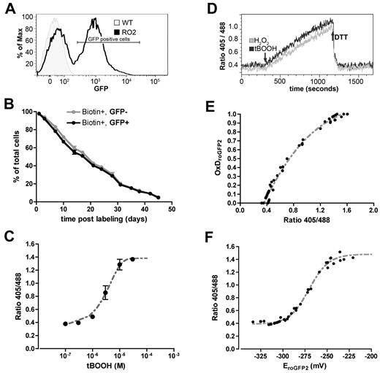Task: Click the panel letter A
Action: [7, 7]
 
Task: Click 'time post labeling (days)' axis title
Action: [102, 218]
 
